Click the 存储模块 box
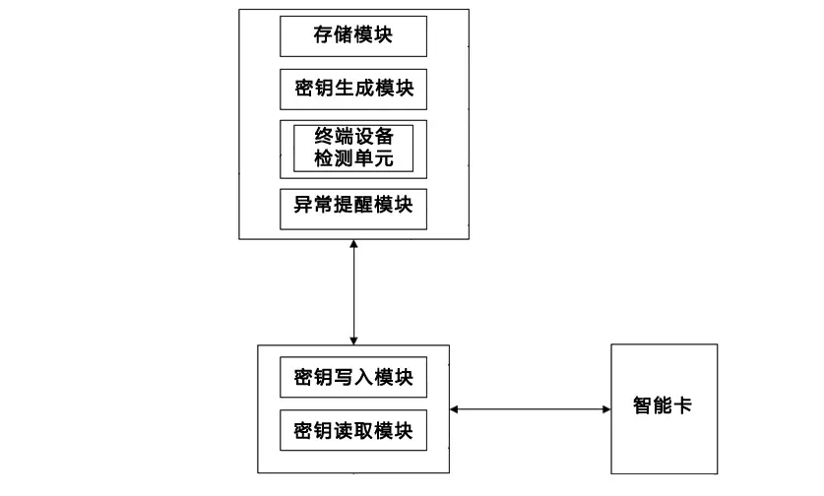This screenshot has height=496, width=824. click(x=353, y=36)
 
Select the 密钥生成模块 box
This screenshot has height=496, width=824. click(x=353, y=90)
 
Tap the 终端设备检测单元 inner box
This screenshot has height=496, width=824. click(x=353, y=149)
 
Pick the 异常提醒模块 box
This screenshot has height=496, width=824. click(x=353, y=209)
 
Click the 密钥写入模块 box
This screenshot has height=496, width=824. click(x=353, y=377)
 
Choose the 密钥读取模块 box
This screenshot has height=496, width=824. click(x=353, y=430)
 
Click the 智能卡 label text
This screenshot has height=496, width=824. click(x=663, y=405)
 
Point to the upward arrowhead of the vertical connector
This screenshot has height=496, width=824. click(x=353, y=244)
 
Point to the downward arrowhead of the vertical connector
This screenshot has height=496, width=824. click(x=353, y=341)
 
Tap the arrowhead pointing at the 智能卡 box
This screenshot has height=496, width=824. click(x=606, y=409)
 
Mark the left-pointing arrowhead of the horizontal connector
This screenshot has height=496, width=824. click(x=455, y=409)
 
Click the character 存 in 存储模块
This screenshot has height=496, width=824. click(x=323, y=34)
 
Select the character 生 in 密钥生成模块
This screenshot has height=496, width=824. click(x=344, y=88)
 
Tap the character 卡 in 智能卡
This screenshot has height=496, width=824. click(x=682, y=405)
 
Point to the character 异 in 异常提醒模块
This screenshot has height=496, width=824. click(x=303, y=205)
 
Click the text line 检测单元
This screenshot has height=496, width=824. click(x=353, y=158)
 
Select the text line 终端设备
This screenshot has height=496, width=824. click(x=353, y=137)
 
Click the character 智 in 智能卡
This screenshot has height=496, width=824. click(x=643, y=405)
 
